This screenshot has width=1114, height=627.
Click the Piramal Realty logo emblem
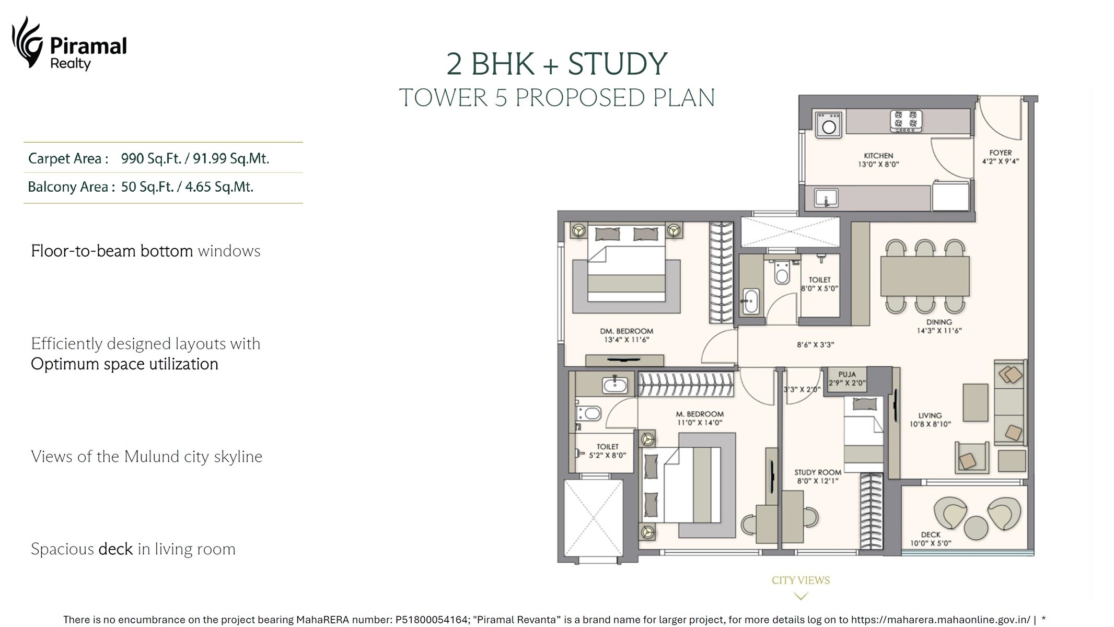[27, 42]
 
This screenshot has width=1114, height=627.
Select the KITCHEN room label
[878, 156]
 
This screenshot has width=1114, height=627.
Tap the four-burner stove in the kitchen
[906, 120]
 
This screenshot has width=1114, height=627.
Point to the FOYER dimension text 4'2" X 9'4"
[1000, 161]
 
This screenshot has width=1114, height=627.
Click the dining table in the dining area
[924, 276]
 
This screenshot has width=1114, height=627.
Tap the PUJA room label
[846, 375]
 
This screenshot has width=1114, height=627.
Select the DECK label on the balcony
[930, 535]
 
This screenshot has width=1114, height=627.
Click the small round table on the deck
[976, 528]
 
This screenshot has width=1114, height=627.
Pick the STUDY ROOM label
[818, 472]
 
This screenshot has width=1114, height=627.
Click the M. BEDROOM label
[700, 414]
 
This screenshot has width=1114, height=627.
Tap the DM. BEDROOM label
[626, 331]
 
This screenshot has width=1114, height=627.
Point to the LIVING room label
[930, 416]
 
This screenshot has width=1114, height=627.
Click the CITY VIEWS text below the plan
[800, 580]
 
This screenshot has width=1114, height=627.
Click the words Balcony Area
[68, 187]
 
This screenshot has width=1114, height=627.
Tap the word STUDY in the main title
[617, 64]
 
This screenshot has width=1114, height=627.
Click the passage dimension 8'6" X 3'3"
[815, 345]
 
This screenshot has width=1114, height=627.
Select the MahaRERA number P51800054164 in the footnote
[432, 620]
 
